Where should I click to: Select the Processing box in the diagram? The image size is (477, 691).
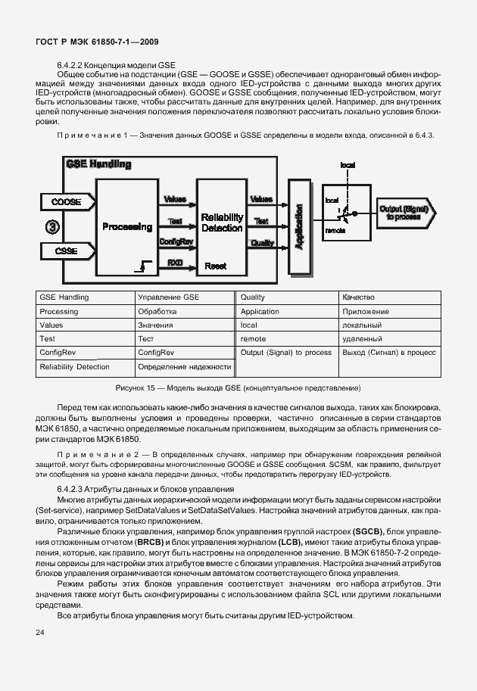(x=127, y=226)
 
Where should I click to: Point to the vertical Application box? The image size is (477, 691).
(x=298, y=226)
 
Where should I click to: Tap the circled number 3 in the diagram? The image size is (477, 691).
(x=52, y=226)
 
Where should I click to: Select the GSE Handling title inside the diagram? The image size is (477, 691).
(x=98, y=163)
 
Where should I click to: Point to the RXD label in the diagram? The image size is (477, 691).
(x=174, y=262)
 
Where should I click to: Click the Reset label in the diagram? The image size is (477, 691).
(x=217, y=266)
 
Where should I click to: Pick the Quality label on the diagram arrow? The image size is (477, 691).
(x=262, y=242)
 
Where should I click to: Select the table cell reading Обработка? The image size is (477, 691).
(x=157, y=311)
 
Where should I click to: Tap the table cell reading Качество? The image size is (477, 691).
(x=358, y=297)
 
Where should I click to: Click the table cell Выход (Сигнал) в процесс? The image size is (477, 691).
(x=389, y=353)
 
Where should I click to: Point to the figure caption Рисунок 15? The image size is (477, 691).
(x=238, y=387)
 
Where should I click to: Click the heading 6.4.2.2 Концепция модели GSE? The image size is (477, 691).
(x=116, y=65)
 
